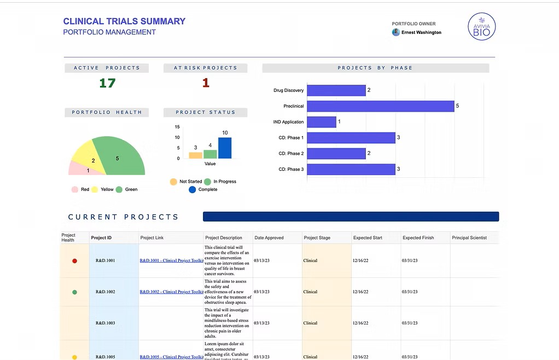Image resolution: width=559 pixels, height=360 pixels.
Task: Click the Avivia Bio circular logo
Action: (x=481, y=27)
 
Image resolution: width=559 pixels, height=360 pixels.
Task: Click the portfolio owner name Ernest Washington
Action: (x=421, y=32)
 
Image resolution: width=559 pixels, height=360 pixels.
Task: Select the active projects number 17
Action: (x=107, y=83)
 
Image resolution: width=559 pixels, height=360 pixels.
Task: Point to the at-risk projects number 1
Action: (x=206, y=83)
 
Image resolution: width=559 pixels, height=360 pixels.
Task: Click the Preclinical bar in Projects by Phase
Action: (x=380, y=106)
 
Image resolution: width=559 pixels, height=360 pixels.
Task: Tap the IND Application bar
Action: (x=321, y=122)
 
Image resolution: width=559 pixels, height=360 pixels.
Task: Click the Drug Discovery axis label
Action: (x=288, y=90)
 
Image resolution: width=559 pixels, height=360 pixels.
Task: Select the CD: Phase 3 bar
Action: (x=351, y=170)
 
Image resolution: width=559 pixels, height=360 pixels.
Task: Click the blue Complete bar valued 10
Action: (x=225, y=148)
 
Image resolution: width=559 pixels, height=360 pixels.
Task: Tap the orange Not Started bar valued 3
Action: (x=195, y=155)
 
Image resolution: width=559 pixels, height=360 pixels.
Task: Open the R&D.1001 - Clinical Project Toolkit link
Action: (x=171, y=261)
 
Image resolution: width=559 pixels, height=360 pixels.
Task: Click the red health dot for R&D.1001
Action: (x=75, y=261)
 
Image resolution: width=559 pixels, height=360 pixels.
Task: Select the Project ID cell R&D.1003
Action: (x=105, y=323)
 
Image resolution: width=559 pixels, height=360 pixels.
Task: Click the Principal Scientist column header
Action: (x=469, y=238)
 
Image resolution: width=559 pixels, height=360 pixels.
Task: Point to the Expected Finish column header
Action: (x=418, y=238)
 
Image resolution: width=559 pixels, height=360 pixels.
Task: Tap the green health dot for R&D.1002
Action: (x=75, y=292)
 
